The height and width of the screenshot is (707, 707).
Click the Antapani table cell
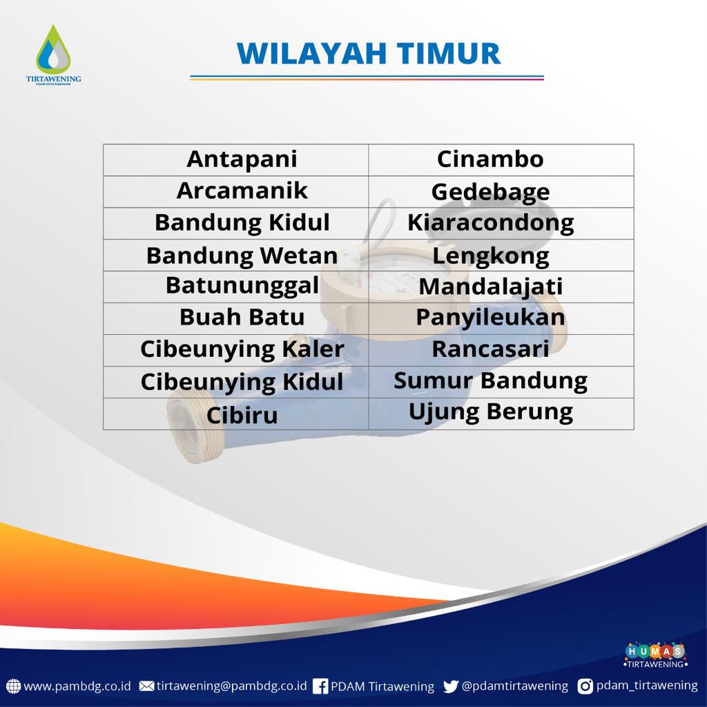236,160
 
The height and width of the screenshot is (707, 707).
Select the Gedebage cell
501,192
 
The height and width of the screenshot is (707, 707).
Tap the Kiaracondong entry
501,224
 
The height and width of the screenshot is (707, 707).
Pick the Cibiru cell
236,414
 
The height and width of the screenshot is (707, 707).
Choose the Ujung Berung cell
501,414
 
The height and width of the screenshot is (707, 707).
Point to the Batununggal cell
236,287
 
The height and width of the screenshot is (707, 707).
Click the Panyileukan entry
501,318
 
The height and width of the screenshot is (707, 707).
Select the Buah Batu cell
236,318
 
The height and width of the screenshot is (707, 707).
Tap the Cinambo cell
501,160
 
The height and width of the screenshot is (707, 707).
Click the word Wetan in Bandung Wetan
298,255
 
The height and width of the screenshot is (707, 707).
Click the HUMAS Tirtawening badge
656,655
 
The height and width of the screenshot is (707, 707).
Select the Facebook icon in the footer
320,686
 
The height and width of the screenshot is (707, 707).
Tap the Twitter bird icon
450,686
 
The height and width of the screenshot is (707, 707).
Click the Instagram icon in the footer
585,686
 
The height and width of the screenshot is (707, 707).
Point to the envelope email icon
146,686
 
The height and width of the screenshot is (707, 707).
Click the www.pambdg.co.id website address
77,686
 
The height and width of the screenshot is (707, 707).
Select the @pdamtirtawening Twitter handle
515,686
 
